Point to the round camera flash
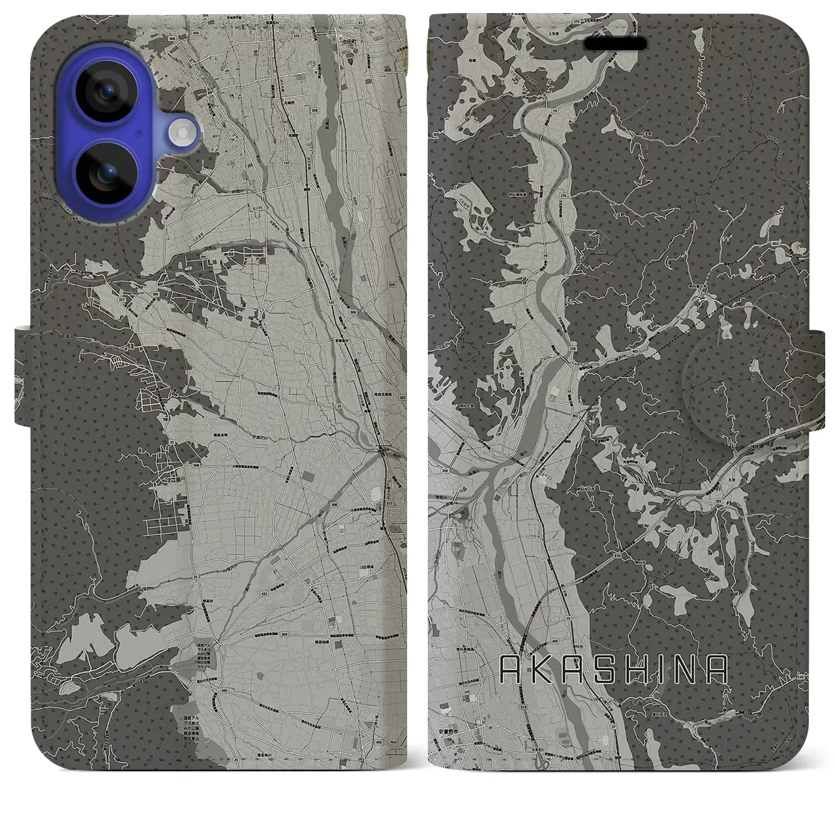pyautogui.click(x=182, y=133)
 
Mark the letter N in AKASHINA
pyautogui.click(x=689, y=669)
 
